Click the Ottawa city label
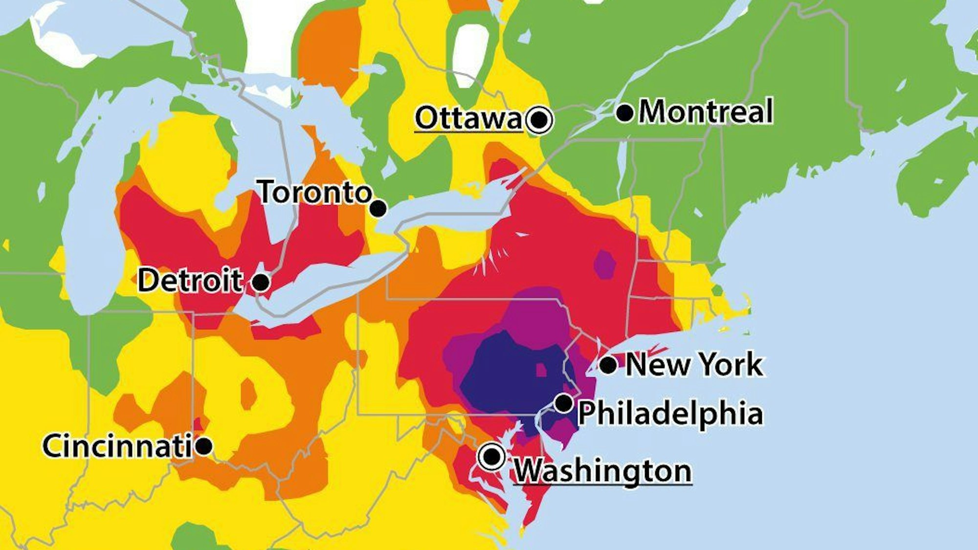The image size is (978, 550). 468,118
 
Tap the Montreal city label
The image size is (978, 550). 706,111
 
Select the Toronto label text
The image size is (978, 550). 315,192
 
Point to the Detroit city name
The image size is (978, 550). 190,281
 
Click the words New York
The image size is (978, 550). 694,365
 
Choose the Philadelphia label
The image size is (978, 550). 670,414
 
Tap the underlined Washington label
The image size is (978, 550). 602,471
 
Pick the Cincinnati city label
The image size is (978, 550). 117,446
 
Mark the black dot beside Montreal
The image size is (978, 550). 624,113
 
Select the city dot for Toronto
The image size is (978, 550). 378,209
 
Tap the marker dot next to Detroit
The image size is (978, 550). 261,282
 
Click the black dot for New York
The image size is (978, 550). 608,365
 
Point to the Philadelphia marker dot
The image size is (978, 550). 564,403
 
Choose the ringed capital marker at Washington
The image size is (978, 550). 492,457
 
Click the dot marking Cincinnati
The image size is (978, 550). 203,446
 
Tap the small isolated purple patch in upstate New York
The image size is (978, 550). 605,264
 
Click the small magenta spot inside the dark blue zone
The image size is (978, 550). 541,370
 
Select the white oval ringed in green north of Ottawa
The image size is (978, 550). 470,54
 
